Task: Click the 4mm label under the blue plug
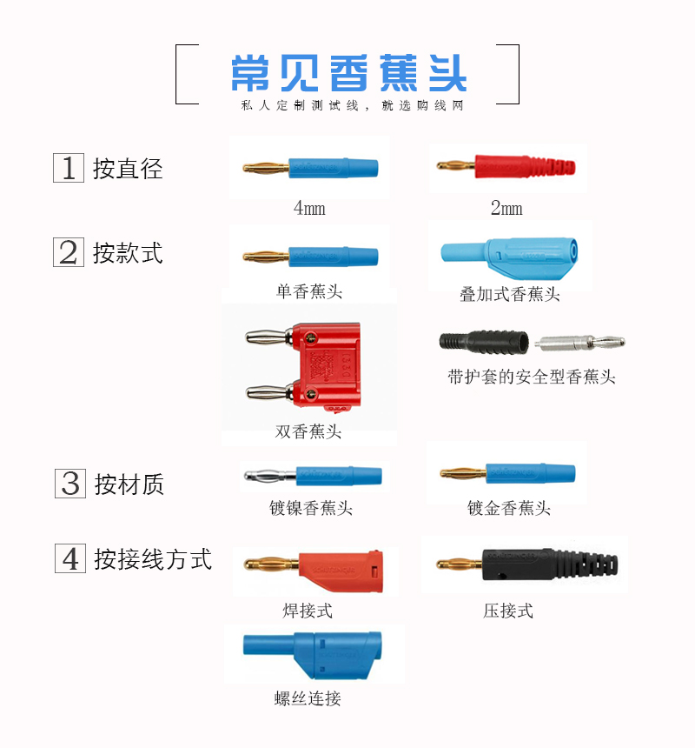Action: pos(309,208)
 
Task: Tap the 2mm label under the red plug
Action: pos(506,208)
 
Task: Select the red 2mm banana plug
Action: pos(506,166)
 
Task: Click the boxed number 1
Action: pos(69,168)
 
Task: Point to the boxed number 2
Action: pos(69,252)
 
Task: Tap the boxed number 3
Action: pos(70,484)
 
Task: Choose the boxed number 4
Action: pos(70,558)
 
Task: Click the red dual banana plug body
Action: pos(327,365)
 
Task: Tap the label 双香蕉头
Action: pos(308,431)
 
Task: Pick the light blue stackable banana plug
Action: pos(509,258)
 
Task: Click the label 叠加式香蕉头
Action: pos(510,294)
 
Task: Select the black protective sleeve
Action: pos(484,342)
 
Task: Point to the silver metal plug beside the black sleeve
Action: pos(579,343)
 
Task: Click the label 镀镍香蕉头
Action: pos(311,508)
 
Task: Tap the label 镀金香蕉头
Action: pos(509,508)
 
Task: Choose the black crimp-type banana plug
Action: pos(527,564)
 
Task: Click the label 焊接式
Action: pos(308,611)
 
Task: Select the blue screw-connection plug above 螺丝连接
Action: pos(313,654)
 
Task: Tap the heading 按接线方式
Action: pos(153,559)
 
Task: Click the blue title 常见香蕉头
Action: pos(348,72)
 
